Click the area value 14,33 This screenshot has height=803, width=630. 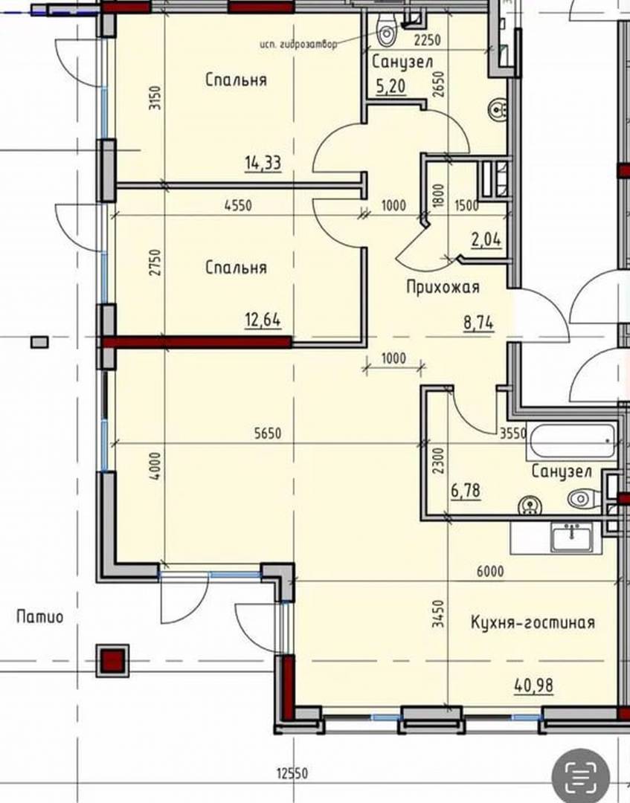[x=263, y=163]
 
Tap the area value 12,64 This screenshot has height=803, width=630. [x=263, y=320]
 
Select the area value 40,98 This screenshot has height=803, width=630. [x=534, y=686]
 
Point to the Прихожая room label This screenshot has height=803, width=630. [x=443, y=287]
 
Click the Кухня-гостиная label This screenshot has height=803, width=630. [x=533, y=622]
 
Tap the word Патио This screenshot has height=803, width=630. [x=40, y=616]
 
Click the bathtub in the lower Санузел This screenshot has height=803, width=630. [x=571, y=442]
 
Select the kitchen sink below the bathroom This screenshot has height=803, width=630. [x=571, y=536]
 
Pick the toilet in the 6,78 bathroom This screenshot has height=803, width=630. [x=585, y=497]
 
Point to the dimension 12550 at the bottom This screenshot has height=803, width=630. [x=292, y=773]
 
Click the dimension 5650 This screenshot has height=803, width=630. [x=268, y=433]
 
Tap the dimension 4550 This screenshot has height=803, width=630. [x=238, y=205]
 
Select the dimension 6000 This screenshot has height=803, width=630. [x=490, y=570]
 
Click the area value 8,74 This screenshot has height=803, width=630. [x=478, y=323]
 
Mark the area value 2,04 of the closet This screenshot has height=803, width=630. [x=486, y=239]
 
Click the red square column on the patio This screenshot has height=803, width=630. [x=112, y=660]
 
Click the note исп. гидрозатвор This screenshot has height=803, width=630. [x=298, y=45]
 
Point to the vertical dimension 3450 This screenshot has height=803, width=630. [x=437, y=615]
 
